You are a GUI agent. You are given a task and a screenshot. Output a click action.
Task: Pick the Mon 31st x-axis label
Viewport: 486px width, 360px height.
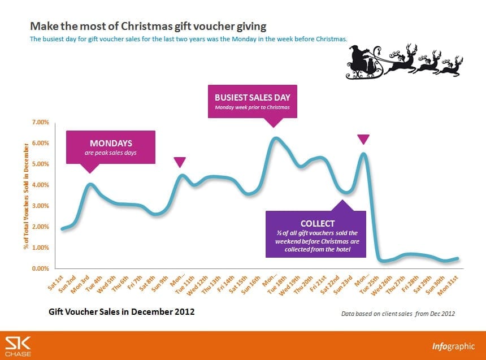pyautogui.click(x=450, y=283)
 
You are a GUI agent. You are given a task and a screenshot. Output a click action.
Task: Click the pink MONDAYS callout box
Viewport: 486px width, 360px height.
pyautogui.click(x=111, y=147)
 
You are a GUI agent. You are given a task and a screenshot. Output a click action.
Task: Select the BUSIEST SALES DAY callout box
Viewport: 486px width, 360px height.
pyautogui.click(x=252, y=101)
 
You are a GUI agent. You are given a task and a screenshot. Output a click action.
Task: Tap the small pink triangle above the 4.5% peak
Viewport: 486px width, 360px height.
pyautogui.click(x=180, y=162)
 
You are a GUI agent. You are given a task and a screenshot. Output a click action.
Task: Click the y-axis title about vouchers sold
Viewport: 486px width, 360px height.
pyautogui.click(x=26, y=195)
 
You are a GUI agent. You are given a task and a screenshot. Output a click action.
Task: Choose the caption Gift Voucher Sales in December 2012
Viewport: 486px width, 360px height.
pyautogui.click(x=121, y=311)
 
